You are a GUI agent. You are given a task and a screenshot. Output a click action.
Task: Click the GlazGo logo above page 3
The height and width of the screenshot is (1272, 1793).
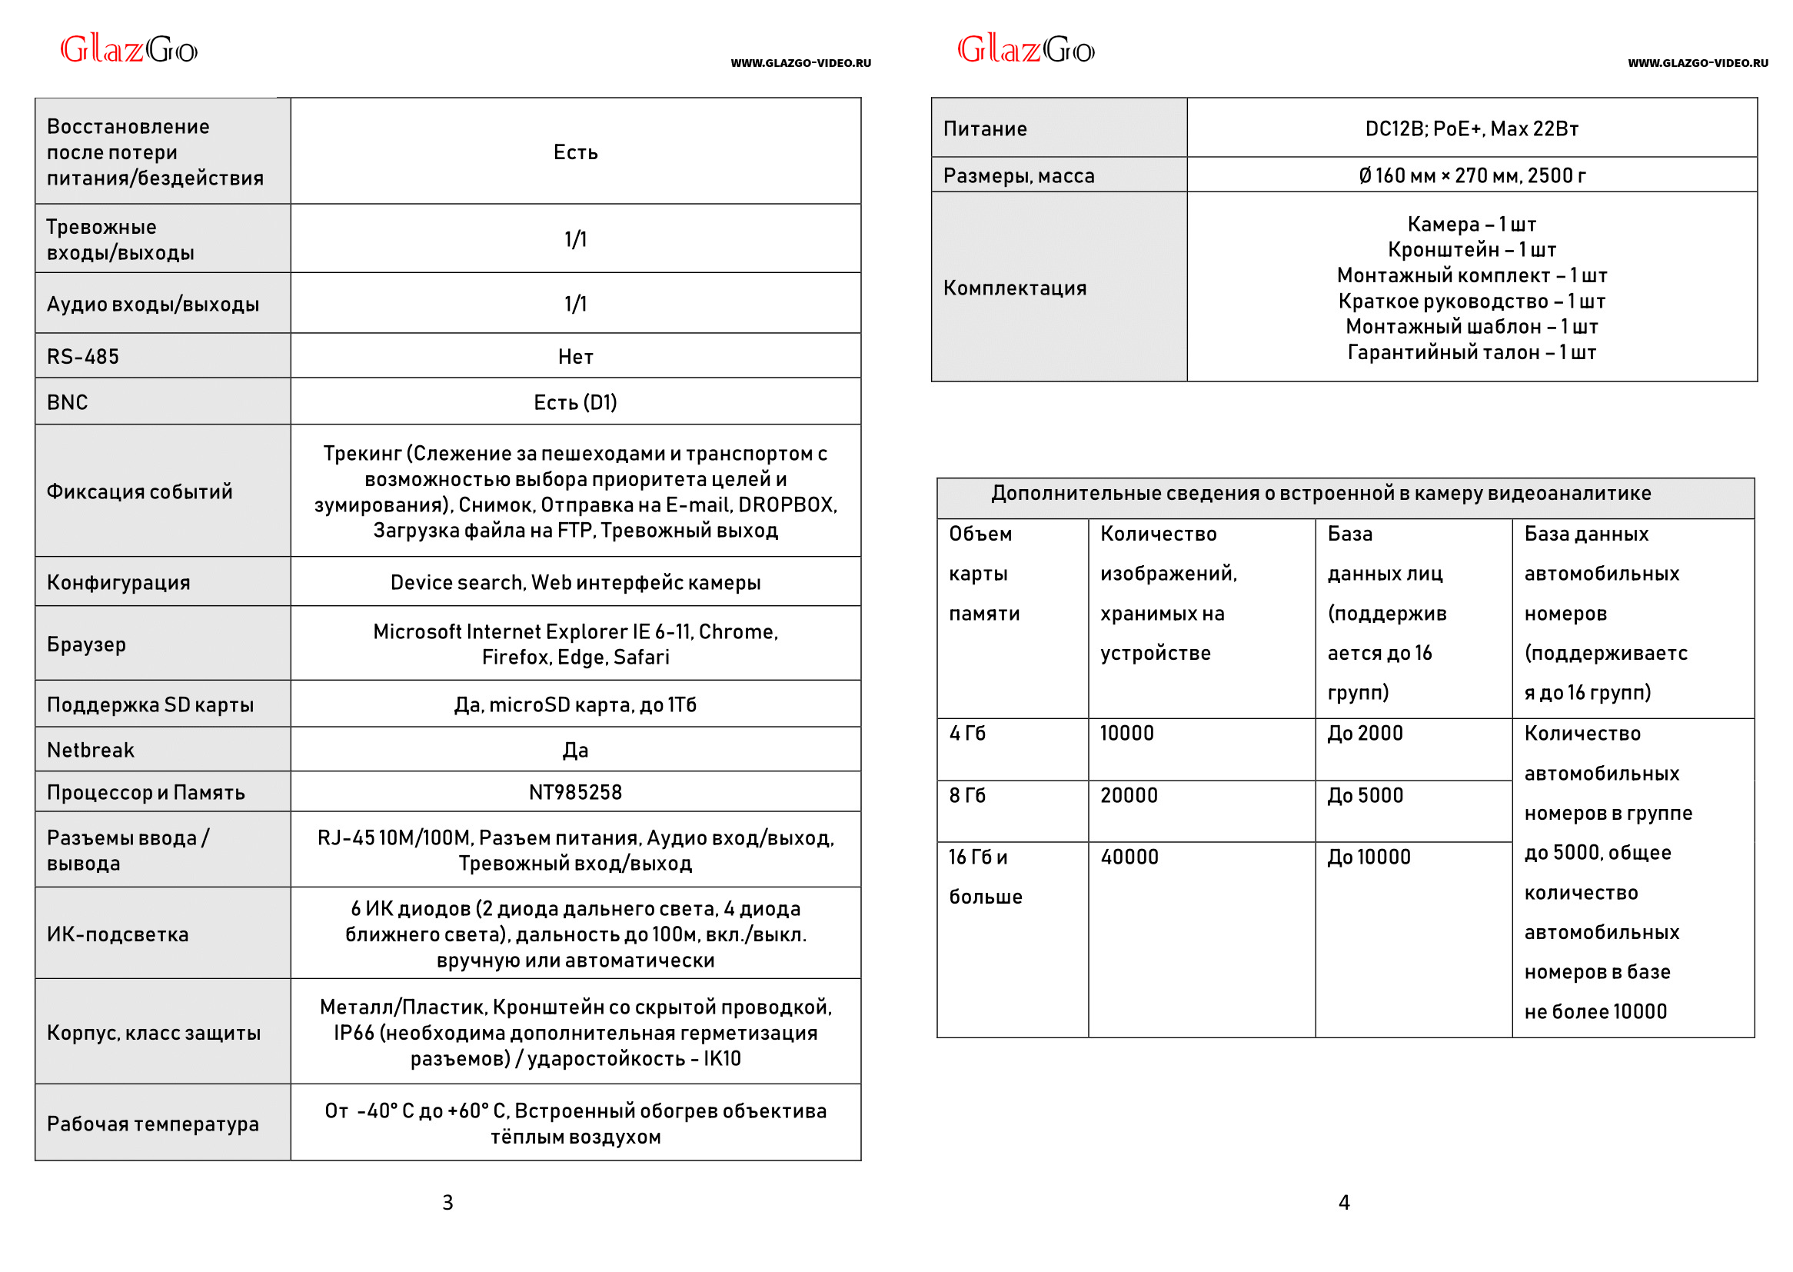129,50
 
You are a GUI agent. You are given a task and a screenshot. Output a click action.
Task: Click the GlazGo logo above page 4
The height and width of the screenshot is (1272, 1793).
1026,50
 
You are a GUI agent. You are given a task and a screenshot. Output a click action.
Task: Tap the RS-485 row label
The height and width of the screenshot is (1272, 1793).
83,357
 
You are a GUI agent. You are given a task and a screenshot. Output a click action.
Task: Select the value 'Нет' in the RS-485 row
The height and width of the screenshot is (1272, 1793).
575,357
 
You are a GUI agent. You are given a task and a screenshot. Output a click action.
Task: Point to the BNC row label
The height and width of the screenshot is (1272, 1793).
68,402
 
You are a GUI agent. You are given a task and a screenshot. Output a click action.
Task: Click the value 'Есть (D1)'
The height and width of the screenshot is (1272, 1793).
575,402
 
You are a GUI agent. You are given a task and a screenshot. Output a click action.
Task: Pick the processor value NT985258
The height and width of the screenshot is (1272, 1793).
575,793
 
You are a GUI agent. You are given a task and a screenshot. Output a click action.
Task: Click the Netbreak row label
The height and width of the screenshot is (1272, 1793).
91,751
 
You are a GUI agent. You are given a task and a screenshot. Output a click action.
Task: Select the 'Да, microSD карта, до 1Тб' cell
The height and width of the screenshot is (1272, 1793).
575,705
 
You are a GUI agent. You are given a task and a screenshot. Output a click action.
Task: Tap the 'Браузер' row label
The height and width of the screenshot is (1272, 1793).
86,644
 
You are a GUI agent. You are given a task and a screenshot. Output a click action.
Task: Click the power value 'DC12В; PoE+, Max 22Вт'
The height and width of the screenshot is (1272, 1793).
1472,129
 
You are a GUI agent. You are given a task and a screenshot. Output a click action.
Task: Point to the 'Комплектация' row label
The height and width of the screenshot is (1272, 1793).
1015,288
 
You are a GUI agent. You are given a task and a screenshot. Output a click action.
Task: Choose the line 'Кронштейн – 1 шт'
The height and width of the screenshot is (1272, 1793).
1472,250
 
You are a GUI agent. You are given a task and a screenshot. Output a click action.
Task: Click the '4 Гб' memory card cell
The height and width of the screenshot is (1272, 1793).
968,734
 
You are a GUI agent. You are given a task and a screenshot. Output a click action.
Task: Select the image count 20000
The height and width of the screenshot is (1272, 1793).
1129,796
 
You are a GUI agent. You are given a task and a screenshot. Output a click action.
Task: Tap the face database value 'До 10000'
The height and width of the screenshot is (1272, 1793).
1369,857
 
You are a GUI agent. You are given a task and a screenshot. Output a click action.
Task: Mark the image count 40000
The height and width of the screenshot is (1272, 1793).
1129,857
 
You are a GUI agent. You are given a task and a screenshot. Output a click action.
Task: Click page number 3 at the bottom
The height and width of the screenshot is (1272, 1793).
447,1203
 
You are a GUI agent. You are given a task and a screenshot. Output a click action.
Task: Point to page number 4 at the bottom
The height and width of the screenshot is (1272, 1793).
1344,1203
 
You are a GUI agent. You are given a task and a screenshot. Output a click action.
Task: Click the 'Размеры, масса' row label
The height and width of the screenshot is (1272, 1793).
1019,176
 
